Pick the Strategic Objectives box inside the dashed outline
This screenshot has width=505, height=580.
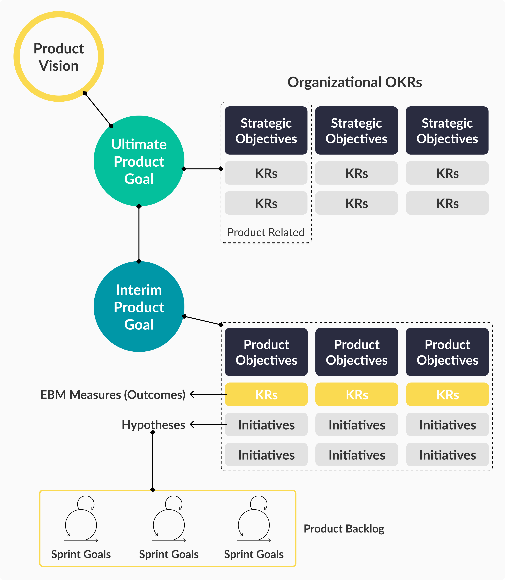click(x=266, y=131)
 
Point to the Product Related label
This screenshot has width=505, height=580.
click(x=266, y=232)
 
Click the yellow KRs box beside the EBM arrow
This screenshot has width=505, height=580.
click(x=266, y=394)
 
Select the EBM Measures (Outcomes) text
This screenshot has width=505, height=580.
click(x=113, y=395)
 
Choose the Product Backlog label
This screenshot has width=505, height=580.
click(x=344, y=529)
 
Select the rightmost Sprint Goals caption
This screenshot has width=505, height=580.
click(x=254, y=554)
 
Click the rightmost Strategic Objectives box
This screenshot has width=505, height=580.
click(x=447, y=131)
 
